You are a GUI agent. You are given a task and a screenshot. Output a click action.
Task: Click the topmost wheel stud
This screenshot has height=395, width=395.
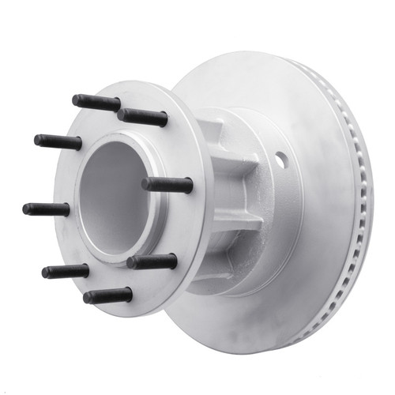pyautogui.click(x=96, y=102)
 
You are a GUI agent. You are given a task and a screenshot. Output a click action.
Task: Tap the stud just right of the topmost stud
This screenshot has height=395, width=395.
pyautogui.click(x=143, y=117)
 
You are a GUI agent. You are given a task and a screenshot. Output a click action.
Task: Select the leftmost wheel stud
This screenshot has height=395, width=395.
pyautogui.click(x=46, y=209)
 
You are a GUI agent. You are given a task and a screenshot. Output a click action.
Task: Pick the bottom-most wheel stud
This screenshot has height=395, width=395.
pyautogui.click(x=107, y=295)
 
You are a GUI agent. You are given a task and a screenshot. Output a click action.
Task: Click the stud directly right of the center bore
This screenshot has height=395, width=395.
pyautogui.click(x=167, y=185)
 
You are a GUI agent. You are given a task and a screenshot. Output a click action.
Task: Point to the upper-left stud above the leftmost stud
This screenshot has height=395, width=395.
pyautogui.click(x=58, y=142)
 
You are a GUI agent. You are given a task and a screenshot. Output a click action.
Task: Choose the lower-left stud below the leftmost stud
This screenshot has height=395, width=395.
pyautogui.click(x=65, y=271)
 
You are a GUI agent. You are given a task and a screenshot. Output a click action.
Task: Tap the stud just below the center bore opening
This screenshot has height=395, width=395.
pyautogui.click(x=152, y=261)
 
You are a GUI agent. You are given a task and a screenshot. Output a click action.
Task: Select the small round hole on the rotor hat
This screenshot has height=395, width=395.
pyautogui.click(x=280, y=160)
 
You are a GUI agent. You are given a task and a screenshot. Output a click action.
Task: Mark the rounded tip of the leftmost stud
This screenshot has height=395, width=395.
pyautogui.click(x=26, y=209)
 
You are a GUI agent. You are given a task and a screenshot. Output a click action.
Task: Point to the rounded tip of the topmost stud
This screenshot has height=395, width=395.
pyautogui.click(x=76, y=100)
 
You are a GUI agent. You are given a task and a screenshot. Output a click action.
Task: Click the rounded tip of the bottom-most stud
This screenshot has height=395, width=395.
pyautogui.click(x=87, y=298)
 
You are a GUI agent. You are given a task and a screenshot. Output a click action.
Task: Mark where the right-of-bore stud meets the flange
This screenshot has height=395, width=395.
pyautogui.click(x=145, y=183)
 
